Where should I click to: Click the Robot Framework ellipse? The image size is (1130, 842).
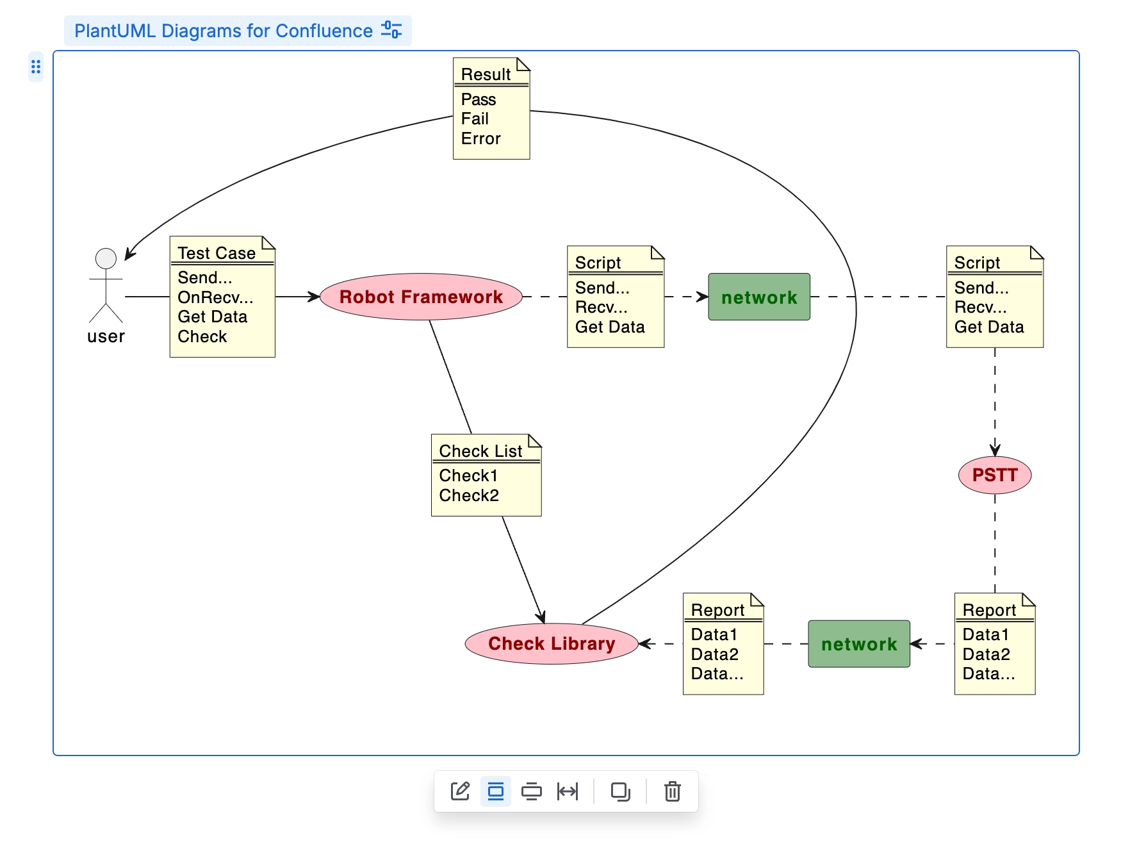(x=421, y=297)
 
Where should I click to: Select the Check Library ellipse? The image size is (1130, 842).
(x=551, y=643)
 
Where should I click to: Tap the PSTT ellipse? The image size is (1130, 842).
(x=994, y=475)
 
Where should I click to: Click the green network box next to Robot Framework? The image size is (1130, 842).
(x=758, y=297)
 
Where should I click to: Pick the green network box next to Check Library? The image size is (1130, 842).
(x=858, y=643)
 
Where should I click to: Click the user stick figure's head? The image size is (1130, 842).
(x=106, y=258)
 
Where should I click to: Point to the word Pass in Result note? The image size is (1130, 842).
(x=478, y=99)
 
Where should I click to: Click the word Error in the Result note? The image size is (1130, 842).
(x=480, y=138)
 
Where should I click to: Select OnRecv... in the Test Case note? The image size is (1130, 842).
(x=215, y=297)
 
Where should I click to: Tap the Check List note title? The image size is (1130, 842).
(x=480, y=451)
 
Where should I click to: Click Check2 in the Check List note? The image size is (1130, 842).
(x=468, y=495)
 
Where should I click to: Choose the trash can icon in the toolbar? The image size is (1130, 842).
(x=672, y=791)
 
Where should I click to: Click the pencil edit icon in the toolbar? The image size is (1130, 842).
(x=460, y=791)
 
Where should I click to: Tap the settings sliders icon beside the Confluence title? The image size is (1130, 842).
(x=391, y=30)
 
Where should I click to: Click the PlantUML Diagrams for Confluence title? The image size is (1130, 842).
(x=223, y=31)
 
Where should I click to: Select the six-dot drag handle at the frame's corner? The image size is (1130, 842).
(x=36, y=67)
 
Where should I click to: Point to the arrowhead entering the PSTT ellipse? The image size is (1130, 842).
(x=995, y=450)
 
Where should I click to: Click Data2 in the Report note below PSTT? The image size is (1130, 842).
(x=986, y=654)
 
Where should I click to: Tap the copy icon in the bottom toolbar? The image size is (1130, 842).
(x=620, y=791)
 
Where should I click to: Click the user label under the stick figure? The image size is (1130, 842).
(x=106, y=336)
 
